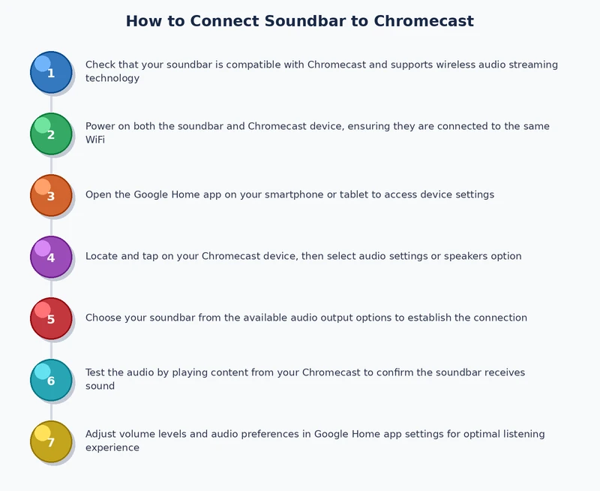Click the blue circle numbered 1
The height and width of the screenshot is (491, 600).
click(51, 72)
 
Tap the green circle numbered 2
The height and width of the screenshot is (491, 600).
click(51, 134)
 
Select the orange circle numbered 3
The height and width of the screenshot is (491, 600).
click(51, 195)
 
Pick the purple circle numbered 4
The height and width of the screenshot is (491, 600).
click(51, 257)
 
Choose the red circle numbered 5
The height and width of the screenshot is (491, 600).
click(51, 318)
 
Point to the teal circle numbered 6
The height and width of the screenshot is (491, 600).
click(51, 380)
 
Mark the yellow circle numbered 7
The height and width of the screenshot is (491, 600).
click(51, 441)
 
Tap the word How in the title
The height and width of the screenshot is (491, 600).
click(142, 21)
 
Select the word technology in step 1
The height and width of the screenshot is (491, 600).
click(112, 78)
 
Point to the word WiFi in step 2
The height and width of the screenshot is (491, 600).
click(95, 140)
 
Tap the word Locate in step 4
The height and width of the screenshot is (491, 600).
click(101, 256)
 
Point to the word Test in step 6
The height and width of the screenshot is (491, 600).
click(95, 372)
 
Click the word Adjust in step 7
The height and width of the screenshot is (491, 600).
click(101, 434)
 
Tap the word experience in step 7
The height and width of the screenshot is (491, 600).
click(112, 447)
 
